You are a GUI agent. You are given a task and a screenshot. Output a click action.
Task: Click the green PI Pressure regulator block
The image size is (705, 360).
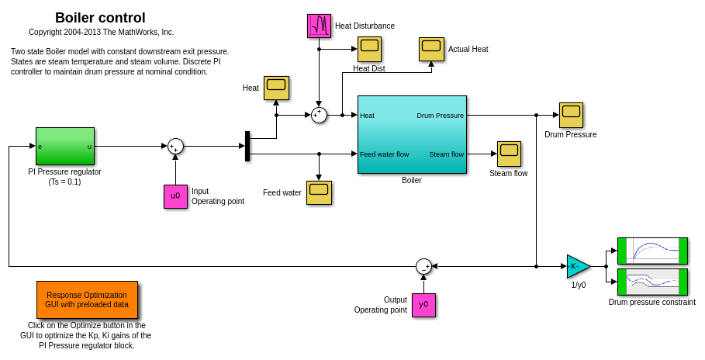64,146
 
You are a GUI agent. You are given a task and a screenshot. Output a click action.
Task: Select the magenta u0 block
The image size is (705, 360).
175,196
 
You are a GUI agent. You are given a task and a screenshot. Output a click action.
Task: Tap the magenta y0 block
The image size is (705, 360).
423,305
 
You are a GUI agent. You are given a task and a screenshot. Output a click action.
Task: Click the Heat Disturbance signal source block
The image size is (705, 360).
319,26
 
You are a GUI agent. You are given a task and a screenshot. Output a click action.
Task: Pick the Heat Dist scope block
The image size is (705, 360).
369,49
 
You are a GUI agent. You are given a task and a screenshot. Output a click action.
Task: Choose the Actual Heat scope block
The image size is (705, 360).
431,49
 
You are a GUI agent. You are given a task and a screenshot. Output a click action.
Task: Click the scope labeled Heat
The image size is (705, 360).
276,88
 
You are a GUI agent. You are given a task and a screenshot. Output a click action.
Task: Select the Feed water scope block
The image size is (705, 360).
319,192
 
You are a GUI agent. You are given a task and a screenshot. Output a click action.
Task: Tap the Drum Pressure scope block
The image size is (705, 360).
571,115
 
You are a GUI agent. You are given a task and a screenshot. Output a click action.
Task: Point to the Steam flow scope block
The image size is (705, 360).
509,154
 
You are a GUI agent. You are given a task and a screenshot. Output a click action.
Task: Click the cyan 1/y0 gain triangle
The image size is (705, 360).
577,266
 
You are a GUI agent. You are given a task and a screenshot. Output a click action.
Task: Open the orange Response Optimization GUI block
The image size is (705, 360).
87,299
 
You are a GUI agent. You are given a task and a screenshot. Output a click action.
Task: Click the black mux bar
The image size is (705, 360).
247,146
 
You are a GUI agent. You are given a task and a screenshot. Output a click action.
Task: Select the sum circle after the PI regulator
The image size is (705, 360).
175,146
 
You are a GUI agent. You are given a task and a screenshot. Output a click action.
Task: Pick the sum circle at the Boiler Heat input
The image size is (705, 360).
319,115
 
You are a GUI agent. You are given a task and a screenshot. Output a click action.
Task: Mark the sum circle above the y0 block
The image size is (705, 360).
423,266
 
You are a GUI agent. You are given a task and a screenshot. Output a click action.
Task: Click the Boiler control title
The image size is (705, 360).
100,18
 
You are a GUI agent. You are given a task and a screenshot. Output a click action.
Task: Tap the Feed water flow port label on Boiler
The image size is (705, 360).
384,154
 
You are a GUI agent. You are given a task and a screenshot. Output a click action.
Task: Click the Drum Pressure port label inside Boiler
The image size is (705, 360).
440,116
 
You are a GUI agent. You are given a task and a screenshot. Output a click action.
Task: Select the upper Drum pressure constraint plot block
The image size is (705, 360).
652,251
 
